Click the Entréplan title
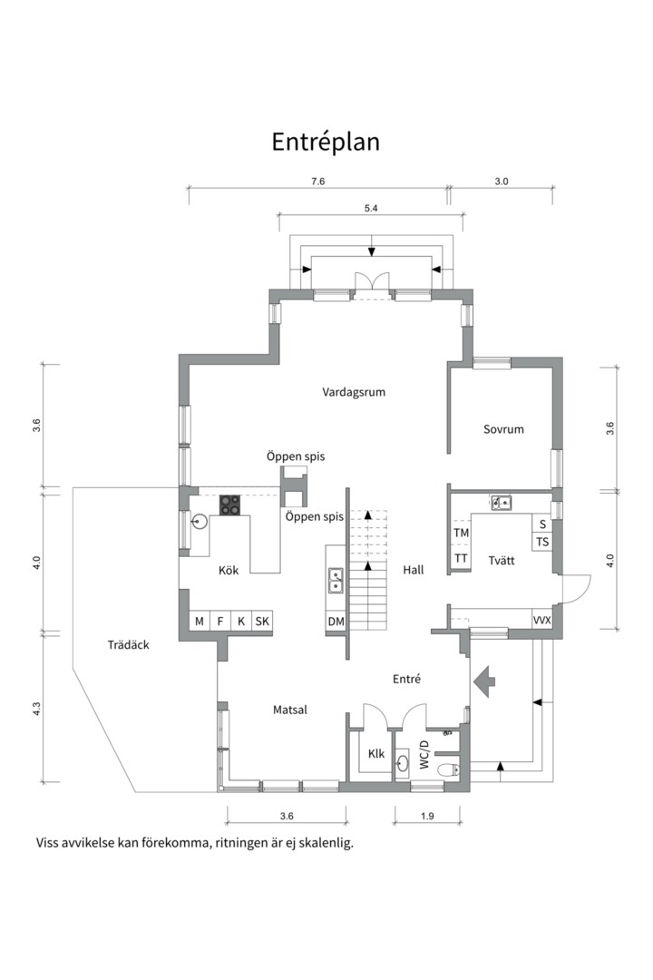[x=326, y=142]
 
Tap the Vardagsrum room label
[x=354, y=393]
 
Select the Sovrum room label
[x=503, y=429]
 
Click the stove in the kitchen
[x=230, y=505]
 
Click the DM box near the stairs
[x=336, y=622]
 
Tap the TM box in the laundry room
[x=461, y=534]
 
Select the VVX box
[x=541, y=620]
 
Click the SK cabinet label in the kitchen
[x=262, y=622]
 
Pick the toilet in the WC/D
[x=448, y=769]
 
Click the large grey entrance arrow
[x=484, y=681]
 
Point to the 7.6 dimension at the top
[x=318, y=181]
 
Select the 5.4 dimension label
[x=371, y=209]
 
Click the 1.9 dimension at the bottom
[x=427, y=816]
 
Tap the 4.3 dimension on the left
[x=37, y=709]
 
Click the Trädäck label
[x=128, y=645]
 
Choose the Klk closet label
[x=376, y=754]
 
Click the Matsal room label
[x=290, y=710]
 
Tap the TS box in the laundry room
[x=542, y=542]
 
